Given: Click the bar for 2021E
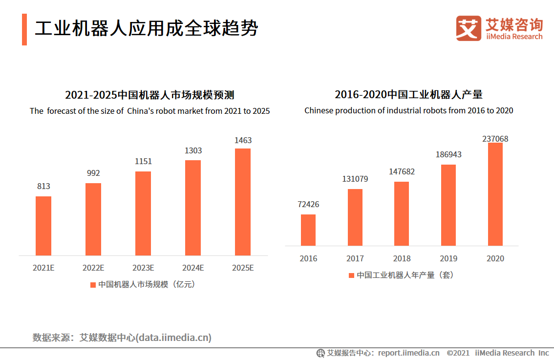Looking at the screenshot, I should pos(43,226).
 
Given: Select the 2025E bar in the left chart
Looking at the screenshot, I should pos(243,202).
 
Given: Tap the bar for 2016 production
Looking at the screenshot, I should pos(308,230).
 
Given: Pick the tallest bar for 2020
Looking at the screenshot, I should pos(495,194).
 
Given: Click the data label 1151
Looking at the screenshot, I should pos(143,161).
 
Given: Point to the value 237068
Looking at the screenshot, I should pos(495,139).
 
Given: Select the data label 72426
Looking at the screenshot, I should pos(308,204).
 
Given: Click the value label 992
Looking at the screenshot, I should pos(93,173).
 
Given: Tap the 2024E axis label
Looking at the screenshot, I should pos(193,268).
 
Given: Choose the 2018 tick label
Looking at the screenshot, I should pos(402,258).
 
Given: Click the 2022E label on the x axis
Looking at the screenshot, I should pos(93,268).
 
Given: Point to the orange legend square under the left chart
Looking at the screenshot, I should pos(93,285).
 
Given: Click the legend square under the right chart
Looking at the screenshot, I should pos(351,275).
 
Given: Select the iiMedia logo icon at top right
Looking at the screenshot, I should pos(469,28).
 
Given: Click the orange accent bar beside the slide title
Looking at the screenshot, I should pos(24,29).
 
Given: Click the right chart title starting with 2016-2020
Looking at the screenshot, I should pos(408,95).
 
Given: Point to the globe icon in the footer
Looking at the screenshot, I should pos(321,353).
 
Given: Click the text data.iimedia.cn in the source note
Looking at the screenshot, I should pos(174,338).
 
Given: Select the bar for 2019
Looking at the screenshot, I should pos(448,205).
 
